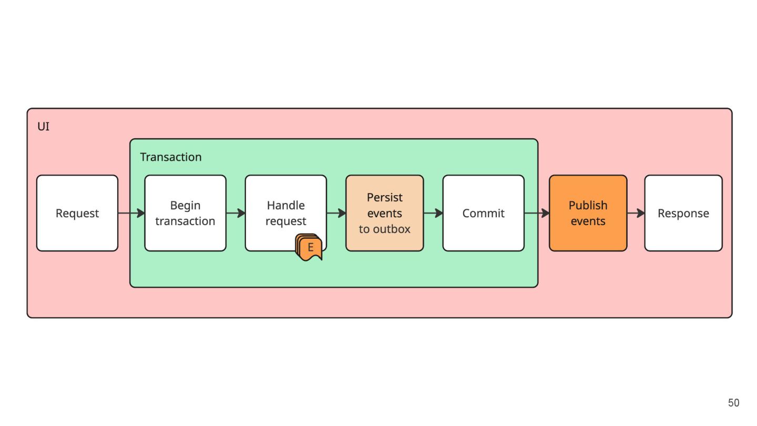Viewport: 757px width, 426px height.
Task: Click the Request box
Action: [x=77, y=213]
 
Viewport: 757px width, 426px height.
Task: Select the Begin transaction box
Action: [x=185, y=213]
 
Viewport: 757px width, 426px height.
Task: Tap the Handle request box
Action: [x=286, y=213]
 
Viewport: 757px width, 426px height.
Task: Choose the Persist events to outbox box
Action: [x=385, y=213]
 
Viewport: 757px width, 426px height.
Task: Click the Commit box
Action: [x=483, y=213]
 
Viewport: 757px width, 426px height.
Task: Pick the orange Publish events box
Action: [x=588, y=213]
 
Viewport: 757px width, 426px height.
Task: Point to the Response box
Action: [x=683, y=213]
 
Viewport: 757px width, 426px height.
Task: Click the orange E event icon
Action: [x=309, y=248]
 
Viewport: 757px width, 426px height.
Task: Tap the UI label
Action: [x=43, y=126]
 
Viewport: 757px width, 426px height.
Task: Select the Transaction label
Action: [x=171, y=157]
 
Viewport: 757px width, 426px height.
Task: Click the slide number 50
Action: [x=734, y=403]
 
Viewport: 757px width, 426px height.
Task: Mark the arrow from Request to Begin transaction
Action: [x=131, y=213]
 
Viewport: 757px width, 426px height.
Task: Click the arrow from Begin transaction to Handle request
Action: [x=236, y=213]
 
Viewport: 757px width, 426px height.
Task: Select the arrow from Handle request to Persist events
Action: [x=336, y=213]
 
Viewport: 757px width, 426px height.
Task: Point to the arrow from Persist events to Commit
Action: [x=433, y=213]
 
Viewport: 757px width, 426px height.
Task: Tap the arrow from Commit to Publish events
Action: [x=537, y=213]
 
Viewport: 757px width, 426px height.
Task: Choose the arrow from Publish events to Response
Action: [x=636, y=213]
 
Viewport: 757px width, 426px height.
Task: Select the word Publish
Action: [x=588, y=205]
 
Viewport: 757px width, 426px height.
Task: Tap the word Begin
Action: [x=185, y=206]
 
